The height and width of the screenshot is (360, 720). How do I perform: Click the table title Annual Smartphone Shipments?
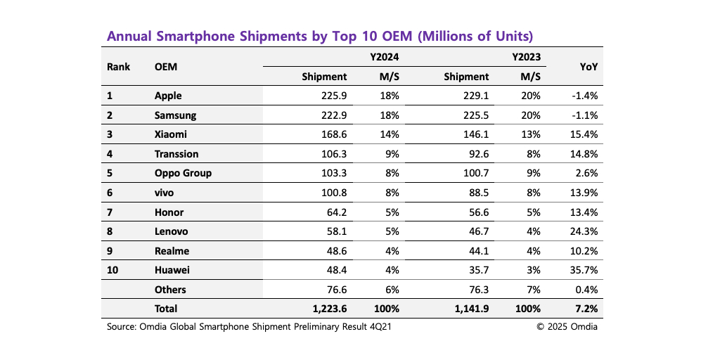pos(319,36)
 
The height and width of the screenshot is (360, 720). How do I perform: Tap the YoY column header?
pos(589,67)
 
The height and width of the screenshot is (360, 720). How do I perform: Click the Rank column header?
pos(117,67)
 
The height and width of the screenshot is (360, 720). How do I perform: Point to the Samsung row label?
pos(175,115)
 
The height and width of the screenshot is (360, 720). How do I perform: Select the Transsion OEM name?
pos(176,154)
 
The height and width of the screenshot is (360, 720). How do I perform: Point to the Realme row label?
pos(172,250)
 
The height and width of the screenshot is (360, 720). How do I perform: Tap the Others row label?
pos(171,289)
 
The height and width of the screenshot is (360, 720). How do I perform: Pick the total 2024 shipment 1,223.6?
pos(329,308)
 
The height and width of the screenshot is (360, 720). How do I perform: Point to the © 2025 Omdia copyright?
pos(567,326)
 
